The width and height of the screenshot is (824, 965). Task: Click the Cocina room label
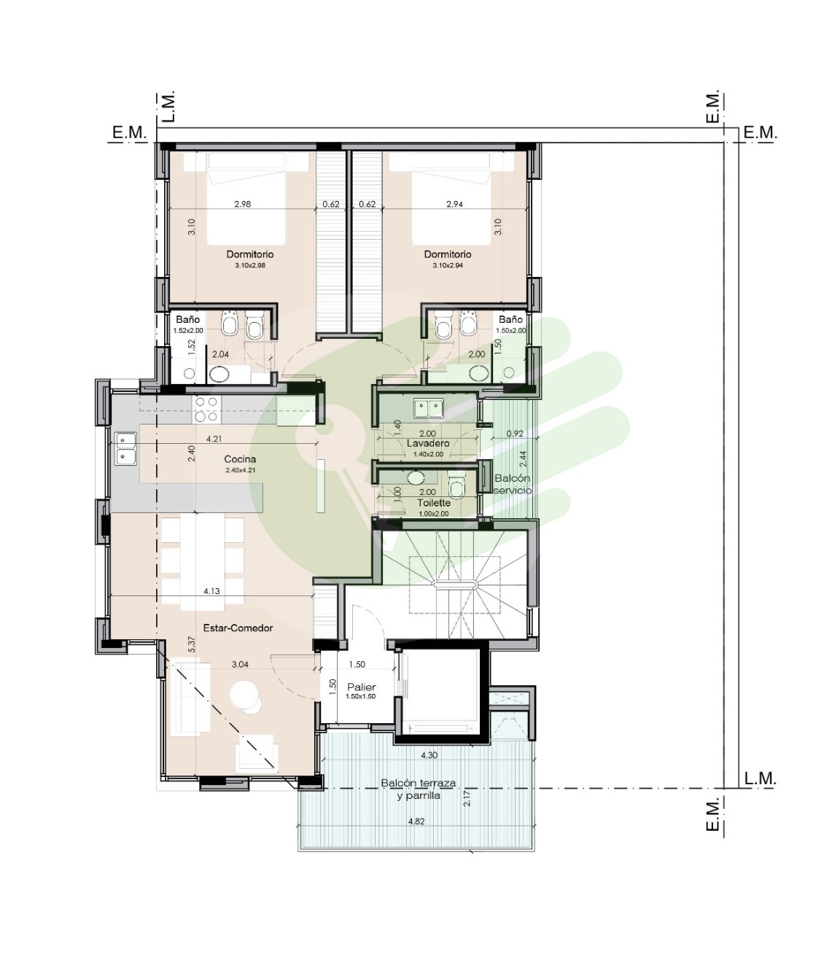240,459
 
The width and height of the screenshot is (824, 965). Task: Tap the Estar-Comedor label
238,628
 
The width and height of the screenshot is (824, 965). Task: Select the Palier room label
362,687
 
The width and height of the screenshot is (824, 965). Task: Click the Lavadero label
428,443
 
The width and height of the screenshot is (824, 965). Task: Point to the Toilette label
434,503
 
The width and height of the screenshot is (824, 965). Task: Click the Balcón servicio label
513,484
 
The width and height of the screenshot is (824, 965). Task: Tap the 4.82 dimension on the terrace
416,821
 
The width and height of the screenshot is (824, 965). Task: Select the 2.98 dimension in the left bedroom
242,204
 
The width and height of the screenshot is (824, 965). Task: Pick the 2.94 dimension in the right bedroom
454,204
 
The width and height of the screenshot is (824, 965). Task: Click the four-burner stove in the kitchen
206,410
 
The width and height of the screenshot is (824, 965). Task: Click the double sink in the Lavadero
428,408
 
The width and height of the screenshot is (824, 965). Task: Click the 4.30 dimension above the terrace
430,755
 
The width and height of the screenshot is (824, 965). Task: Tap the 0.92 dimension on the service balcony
515,433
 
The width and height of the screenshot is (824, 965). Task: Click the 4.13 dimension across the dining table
211,591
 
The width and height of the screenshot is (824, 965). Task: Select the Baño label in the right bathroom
510,319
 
